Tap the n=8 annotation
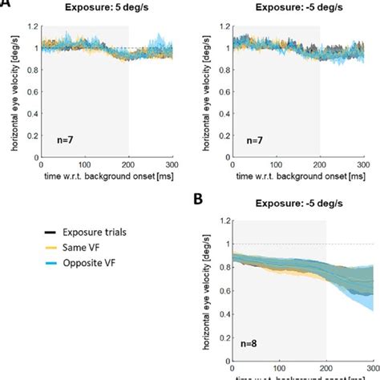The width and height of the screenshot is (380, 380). tap(247, 347)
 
